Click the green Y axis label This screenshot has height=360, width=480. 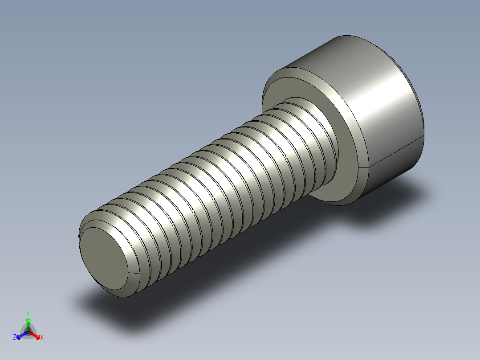click(x=28, y=313)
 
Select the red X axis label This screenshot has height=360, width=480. click(x=42, y=338)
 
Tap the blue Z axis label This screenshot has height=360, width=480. click(x=15, y=338)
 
